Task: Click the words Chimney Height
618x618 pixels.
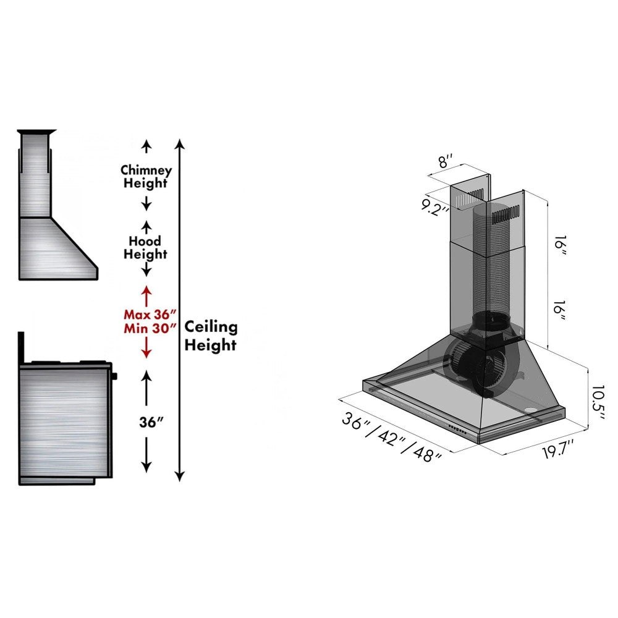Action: (x=146, y=177)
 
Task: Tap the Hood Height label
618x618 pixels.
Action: (x=145, y=247)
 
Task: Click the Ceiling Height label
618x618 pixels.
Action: (x=211, y=336)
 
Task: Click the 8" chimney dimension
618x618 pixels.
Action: (x=446, y=163)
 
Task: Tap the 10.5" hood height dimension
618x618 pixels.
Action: (x=596, y=402)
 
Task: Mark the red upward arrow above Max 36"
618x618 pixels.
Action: (x=146, y=294)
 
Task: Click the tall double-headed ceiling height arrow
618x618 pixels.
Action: (x=179, y=309)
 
